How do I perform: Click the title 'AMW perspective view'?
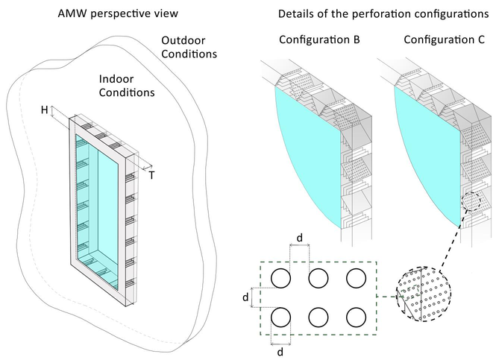tap(117, 14)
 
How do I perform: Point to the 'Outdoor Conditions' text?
tap(189, 48)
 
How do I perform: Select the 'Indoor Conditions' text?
tap(127, 85)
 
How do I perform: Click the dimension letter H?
tap(45, 110)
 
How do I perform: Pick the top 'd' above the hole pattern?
tap(299, 238)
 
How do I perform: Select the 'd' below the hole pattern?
tap(280, 351)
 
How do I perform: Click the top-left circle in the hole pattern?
tap(280, 279)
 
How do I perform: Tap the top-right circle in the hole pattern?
tap(355, 279)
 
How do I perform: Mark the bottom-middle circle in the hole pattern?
tap(318, 317)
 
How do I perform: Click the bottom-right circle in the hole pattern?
tap(355, 317)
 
